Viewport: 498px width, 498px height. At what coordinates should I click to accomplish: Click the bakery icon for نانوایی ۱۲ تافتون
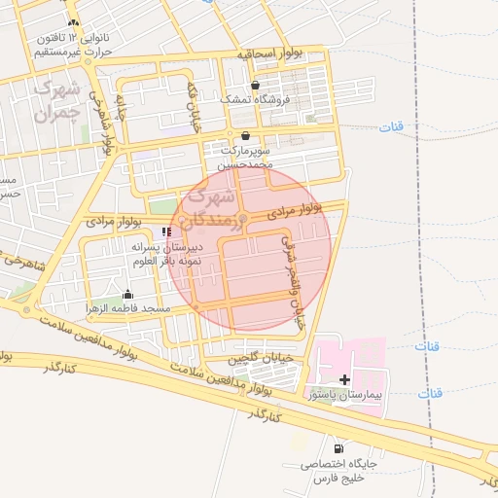(x=74, y=21)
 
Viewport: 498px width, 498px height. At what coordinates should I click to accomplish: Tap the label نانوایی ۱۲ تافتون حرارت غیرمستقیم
(x=74, y=44)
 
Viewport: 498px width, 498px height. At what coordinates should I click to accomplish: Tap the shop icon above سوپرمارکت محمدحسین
(x=245, y=135)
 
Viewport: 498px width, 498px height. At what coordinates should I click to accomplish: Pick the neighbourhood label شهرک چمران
(x=54, y=100)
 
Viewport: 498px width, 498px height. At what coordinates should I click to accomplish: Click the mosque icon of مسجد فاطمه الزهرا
(x=128, y=295)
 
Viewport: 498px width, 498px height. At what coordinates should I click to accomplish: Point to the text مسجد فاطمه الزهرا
(x=128, y=308)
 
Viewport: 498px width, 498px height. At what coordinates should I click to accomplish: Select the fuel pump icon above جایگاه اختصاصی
(x=338, y=448)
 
